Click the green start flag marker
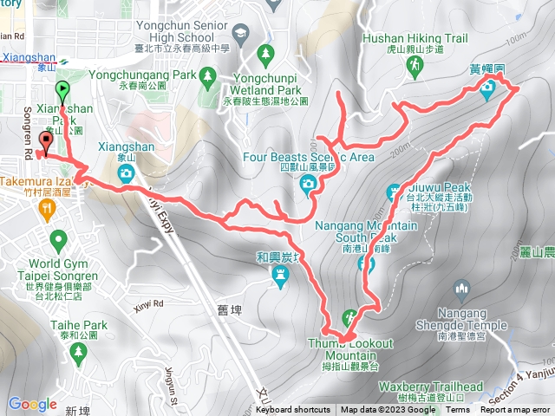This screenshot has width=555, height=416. coord(62,90)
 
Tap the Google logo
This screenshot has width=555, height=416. coord(32,404)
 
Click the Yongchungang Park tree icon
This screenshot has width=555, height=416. coord(207,78)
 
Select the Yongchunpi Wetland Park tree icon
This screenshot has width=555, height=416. coord(265,55)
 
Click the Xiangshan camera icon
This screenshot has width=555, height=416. coord(127,173)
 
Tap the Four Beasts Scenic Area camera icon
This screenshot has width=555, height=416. coord(308,183)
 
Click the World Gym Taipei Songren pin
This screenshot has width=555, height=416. coord(59,238)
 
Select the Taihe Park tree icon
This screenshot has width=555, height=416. coord(80,351)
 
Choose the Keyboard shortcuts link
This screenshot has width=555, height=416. coord(294,410)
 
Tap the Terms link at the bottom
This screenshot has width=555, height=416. coord(458,410)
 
